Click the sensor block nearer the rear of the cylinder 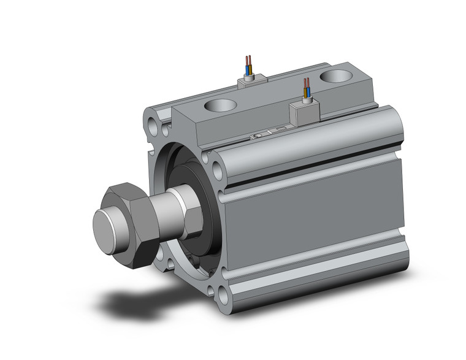coord(251,80)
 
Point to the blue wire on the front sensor coord(307,91)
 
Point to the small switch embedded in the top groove coord(265,133)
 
